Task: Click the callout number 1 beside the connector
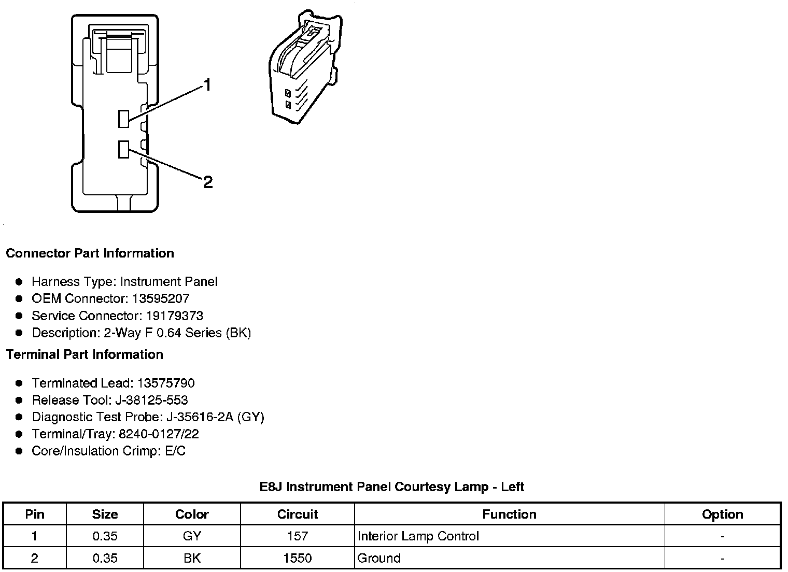207,85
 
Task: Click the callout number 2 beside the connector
208,182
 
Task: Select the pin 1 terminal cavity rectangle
123,119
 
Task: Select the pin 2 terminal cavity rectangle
123,149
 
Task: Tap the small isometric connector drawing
305,68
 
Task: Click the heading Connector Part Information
90,253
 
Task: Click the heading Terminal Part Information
85,354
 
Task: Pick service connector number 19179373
174,316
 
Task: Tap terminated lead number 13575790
166,383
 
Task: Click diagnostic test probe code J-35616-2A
200,417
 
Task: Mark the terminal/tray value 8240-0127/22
159,434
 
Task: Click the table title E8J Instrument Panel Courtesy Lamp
391,487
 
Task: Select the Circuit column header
297,514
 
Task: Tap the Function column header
509,514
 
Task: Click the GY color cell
192,536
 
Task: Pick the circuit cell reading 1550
297,558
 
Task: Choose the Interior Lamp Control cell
418,536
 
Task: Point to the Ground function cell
379,558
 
